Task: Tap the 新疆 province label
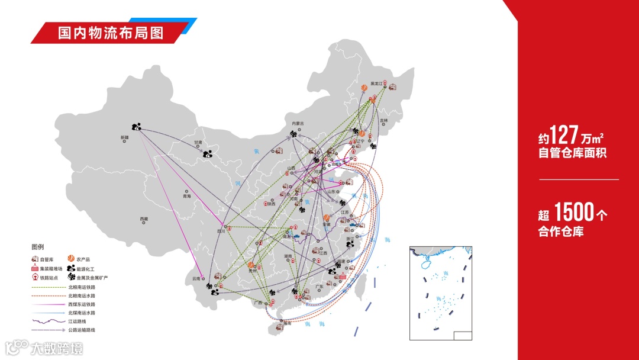click(124, 137)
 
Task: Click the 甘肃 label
click(198, 143)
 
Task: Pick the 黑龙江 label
click(377, 83)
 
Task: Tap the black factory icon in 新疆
click(137, 126)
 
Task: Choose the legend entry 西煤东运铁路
click(82, 304)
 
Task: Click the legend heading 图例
click(38, 247)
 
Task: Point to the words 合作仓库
click(560, 232)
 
